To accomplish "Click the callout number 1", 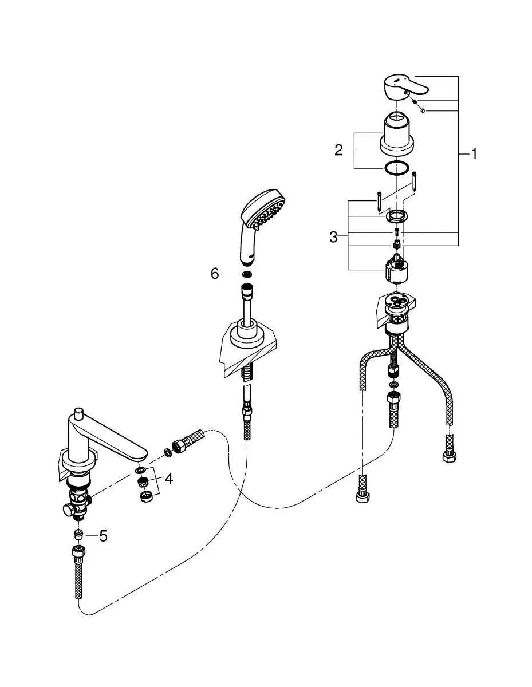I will coord(474,153).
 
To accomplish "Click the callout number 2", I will coord(339,151).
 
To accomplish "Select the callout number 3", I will coord(334,236).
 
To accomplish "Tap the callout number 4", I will coord(168,478).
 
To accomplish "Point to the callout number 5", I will coord(103,536).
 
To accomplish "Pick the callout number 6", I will coord(215,274).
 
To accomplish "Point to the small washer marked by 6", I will coord(247,275).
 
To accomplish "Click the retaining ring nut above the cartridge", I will coord(396,216).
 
